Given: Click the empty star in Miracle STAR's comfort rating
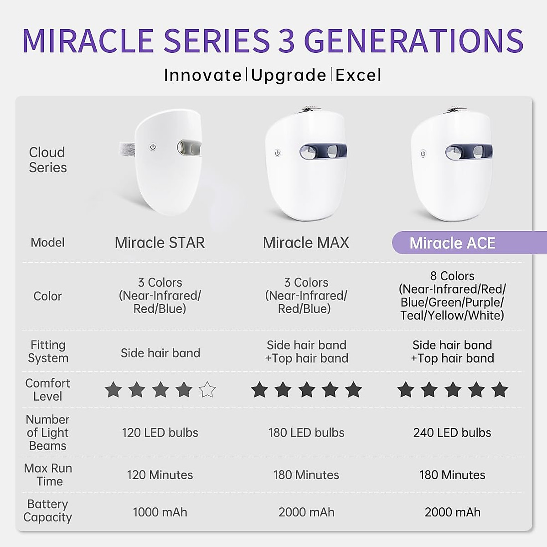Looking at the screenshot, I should coord(207,390).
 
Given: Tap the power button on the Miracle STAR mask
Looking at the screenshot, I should coord(153,147).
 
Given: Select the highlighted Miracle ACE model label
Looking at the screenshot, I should coord(452,243).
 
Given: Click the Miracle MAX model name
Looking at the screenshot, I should coord(306,243).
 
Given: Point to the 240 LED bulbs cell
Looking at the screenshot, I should coord(452,433).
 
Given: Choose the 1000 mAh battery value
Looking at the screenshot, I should coord(160,512).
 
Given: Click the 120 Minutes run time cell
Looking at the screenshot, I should coord(160,475).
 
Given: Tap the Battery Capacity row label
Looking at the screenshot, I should coord(48,511).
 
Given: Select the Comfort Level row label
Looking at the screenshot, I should coord(48,390).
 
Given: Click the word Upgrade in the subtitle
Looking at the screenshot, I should coord(289,75).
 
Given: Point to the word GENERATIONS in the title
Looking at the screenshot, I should coord(413,41).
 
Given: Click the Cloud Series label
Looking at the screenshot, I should coord(47,160).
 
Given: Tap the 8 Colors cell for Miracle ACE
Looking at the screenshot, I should coord(452,295).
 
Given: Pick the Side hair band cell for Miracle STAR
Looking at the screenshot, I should coord(160,353).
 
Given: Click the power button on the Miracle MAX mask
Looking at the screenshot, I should coord(277,154).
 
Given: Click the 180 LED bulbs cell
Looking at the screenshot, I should coord(306,433).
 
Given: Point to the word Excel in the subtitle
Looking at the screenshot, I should coord(358,75).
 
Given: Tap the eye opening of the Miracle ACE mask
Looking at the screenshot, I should coord(468,151).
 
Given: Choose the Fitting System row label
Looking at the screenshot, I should coord(48,351).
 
